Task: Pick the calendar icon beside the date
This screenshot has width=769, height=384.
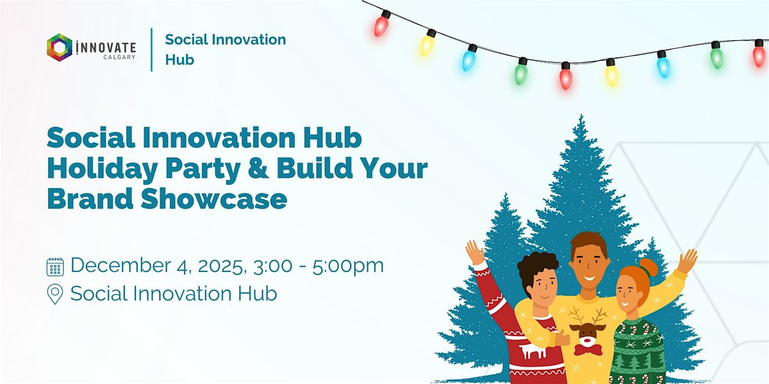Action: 56,266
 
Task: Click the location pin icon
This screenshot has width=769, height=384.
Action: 56,294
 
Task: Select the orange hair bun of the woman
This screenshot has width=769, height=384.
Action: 647,268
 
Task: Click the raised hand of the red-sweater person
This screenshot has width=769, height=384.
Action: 475,252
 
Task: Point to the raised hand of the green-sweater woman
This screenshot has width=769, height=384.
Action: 688,260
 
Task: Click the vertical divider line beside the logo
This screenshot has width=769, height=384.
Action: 152,49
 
